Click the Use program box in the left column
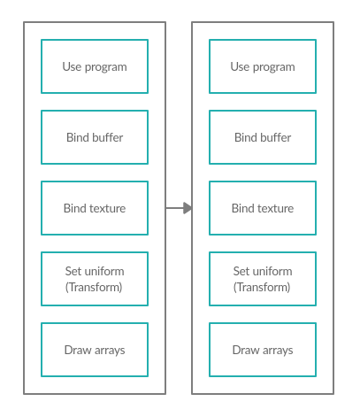click(x=95, y=66)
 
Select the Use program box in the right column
click(x=263, y=66)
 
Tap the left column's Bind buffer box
click(x=95, y=137)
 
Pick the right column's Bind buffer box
click(x=263, y=137)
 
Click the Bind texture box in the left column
click(x=95, y=208)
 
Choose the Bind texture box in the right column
click(x=263, y=208)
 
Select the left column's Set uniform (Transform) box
click(x=95, y=279)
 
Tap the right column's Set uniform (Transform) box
click(x=263, y=279)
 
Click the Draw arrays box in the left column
click(x=95, y=350)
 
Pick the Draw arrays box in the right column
click(x=263, y=350)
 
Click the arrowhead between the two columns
click(x=188, y=208)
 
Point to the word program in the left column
click(x=106, y=67)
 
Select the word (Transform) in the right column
click(x=262, y=287)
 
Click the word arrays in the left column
click(x=110, y=351)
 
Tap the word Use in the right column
click(x=240, y=66)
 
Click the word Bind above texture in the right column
click(x=241, y=208)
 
